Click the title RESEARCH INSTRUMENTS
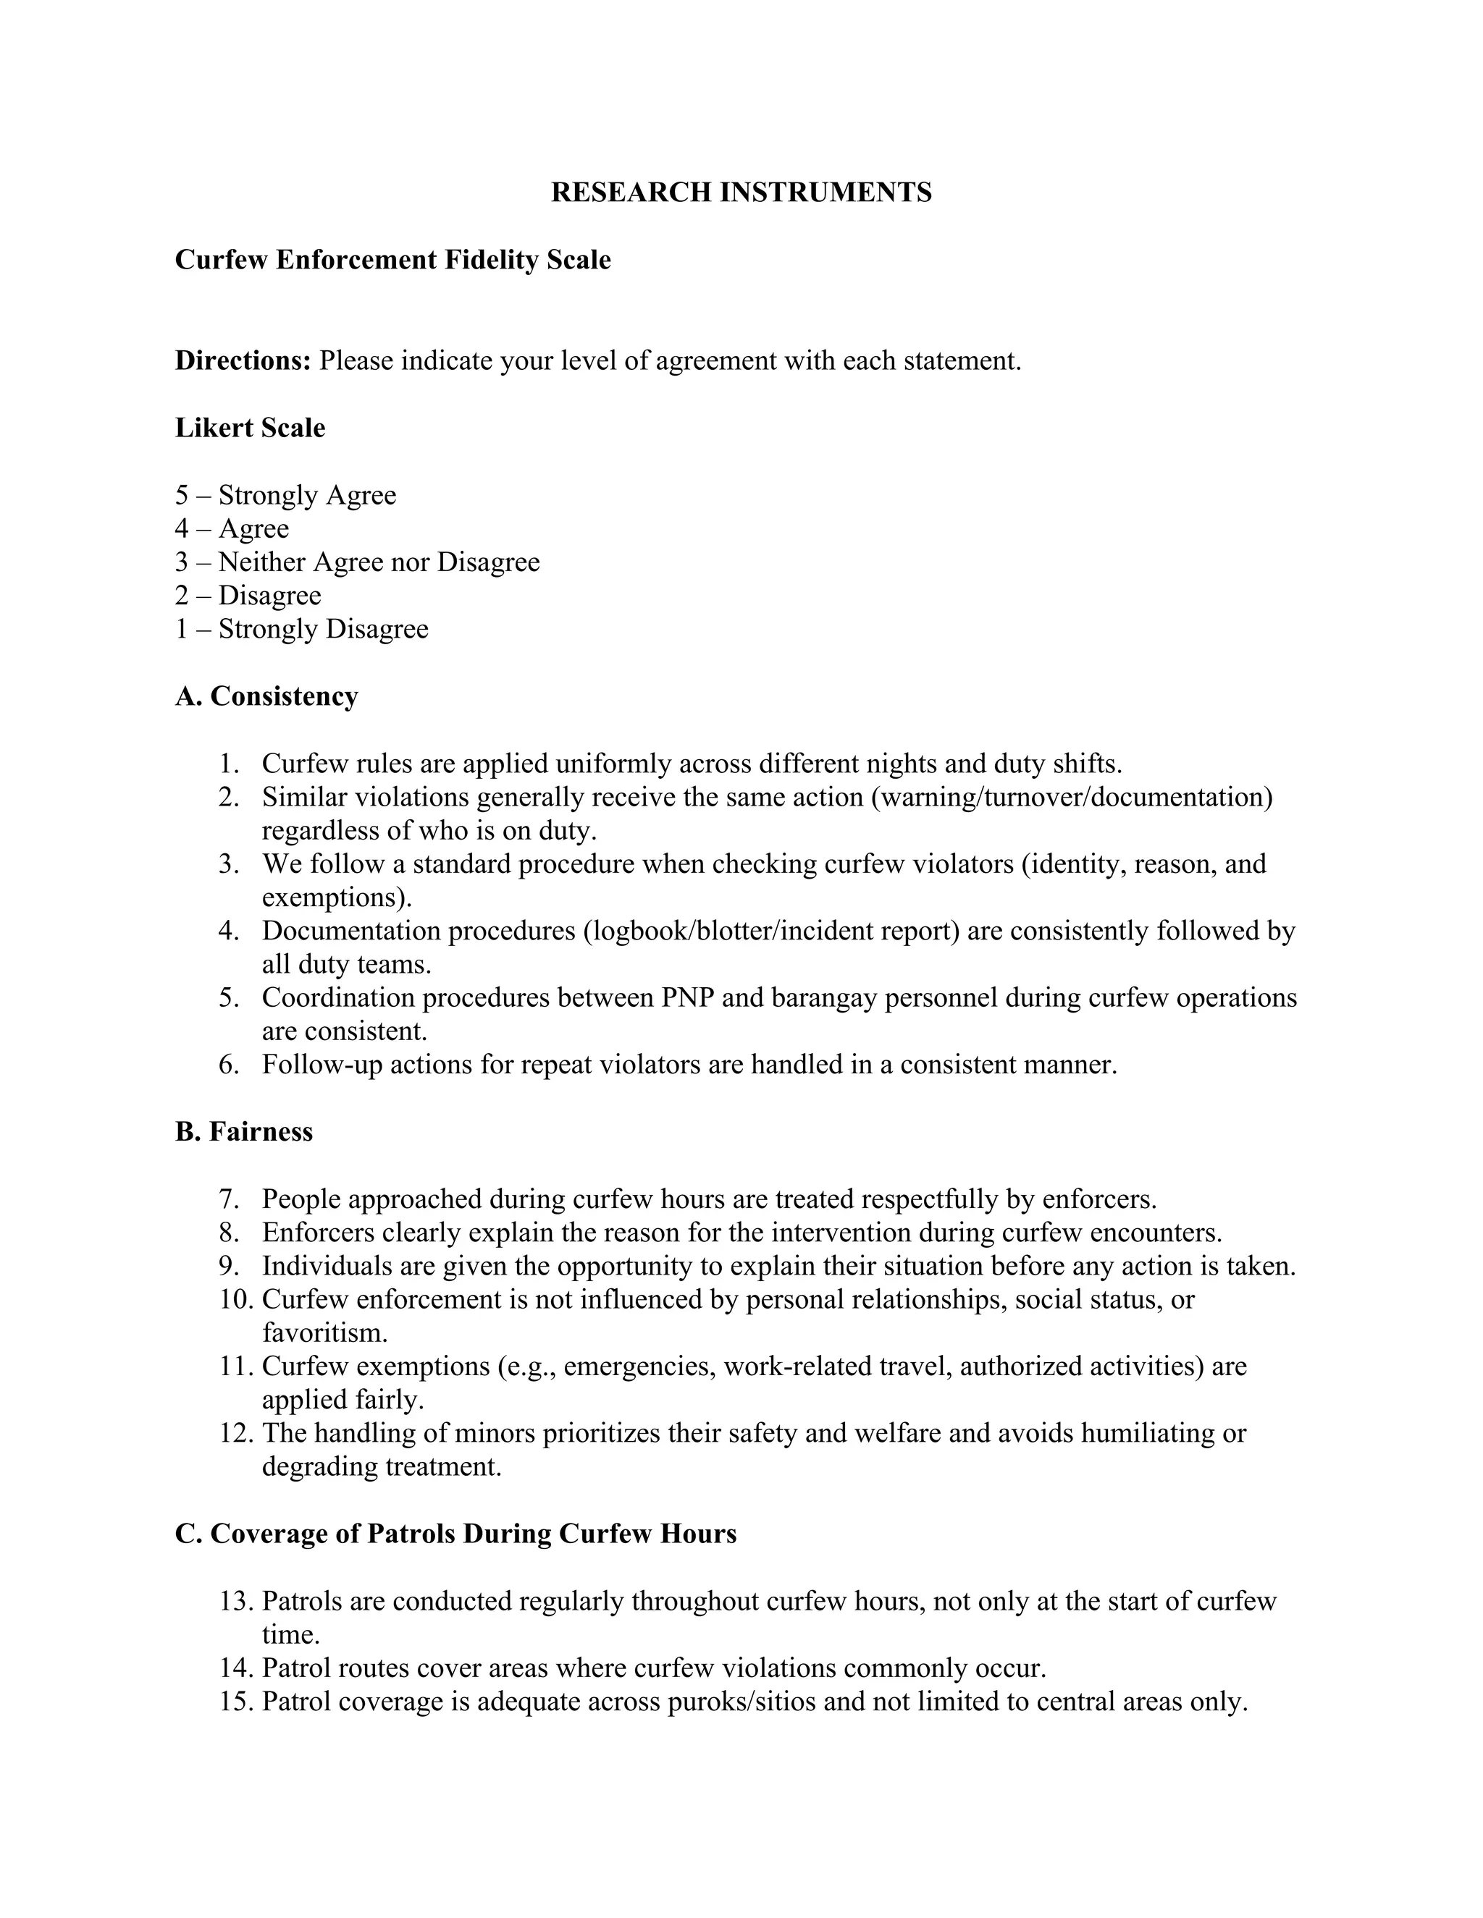741,193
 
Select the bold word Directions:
243,360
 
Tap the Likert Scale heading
251,428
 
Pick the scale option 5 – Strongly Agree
285,495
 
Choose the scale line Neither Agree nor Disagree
379,562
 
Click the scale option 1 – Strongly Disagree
301,629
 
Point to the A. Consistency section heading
266,696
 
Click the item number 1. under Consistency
230,763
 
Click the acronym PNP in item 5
687,997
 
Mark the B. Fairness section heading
243,1131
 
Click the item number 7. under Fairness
230,1199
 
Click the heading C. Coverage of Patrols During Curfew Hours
455,1534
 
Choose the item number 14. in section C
236,1668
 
